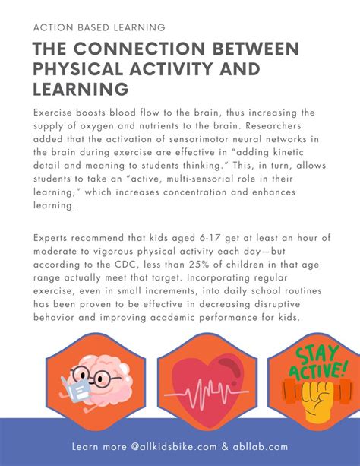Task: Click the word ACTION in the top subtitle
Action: click(52, 27)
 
